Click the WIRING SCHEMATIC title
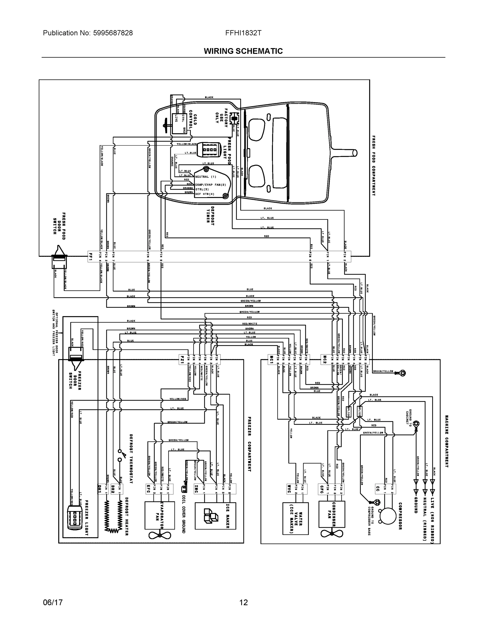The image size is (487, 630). coord(243,51)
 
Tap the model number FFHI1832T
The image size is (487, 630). coord(243,33)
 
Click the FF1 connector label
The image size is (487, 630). coord(91,256)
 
